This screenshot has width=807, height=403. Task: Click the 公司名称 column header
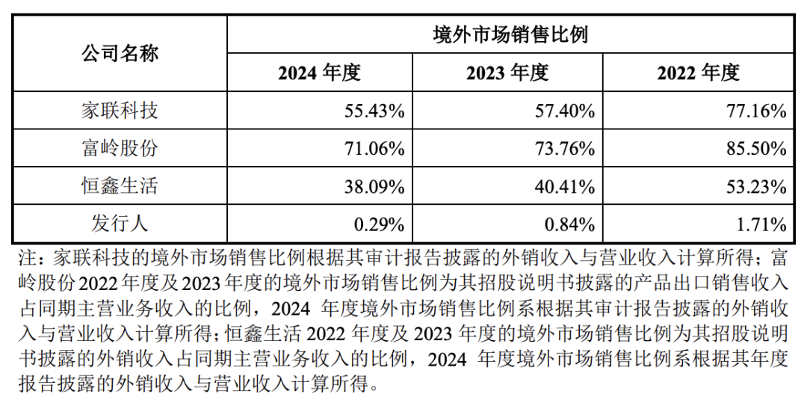(120, 54)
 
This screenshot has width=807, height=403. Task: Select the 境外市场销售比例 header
(511, 34)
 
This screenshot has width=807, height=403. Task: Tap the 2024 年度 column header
(319, 73)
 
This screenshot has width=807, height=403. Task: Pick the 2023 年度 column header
(507, 73)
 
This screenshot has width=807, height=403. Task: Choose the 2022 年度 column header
(698, 73)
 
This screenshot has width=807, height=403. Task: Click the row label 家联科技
(120, 111)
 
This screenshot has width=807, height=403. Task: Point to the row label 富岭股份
(120, 148)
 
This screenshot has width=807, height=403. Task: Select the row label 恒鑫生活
(120, 185)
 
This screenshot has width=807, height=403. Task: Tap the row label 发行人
(120, 223)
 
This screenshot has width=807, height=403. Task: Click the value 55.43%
(374, 111)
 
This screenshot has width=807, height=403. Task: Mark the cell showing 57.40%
(565, 111)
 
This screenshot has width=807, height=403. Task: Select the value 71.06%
(374, 149)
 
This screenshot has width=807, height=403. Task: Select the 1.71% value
(761, 224)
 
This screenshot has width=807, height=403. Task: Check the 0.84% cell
(570, 224)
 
